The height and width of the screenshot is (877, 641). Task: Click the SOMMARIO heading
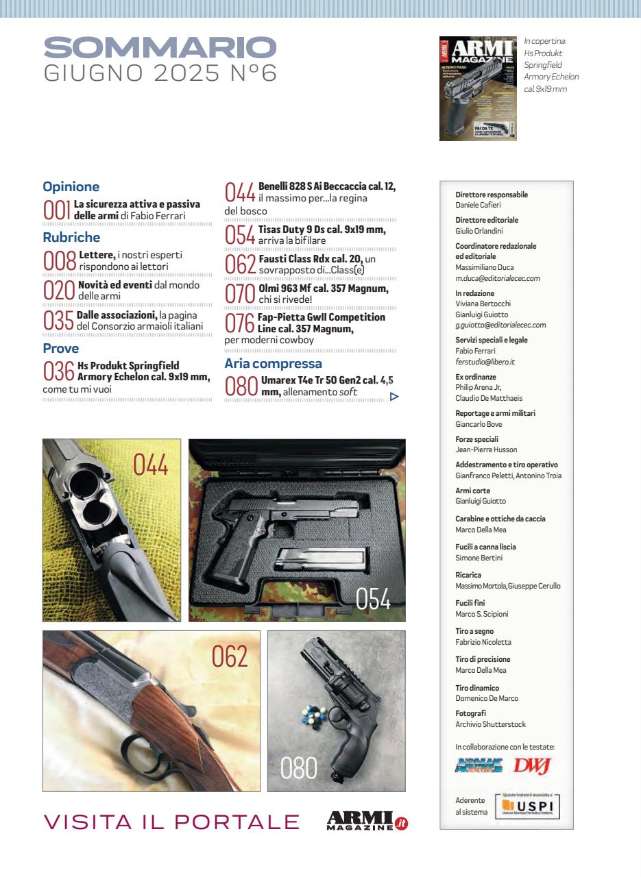(160, 48)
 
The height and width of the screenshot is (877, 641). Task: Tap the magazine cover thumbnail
(477, 89)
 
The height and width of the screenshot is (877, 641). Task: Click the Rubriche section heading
(71, 238)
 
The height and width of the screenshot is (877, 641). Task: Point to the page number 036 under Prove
(58, 371)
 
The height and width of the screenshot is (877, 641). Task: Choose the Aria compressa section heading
(273, 364)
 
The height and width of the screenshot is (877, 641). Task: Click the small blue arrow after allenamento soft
(394, 396)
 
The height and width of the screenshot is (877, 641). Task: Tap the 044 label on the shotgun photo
(151, 465)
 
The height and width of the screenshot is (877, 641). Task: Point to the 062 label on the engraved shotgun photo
(229, 656)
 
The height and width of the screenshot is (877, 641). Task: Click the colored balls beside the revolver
(313, 717)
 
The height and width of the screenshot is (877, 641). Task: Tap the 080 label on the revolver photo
(299, 769)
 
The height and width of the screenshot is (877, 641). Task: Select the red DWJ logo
(532, 765)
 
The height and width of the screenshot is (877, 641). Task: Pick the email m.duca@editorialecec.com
(498, 278)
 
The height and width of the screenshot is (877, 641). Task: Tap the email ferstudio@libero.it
(485, 362)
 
